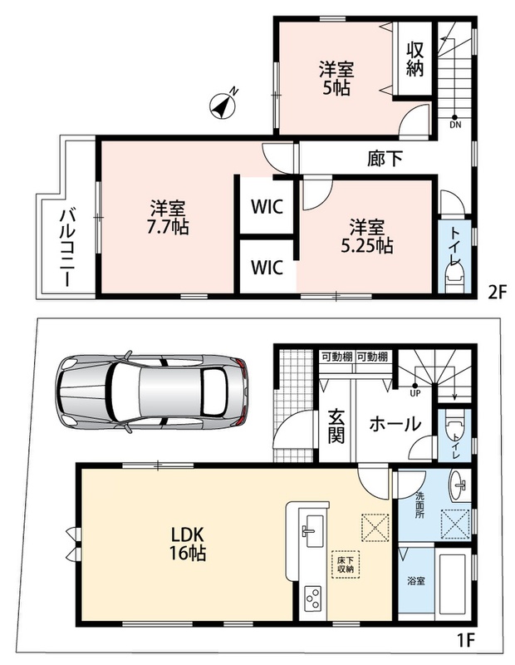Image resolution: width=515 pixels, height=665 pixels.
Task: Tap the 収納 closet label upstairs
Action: coord(414,59)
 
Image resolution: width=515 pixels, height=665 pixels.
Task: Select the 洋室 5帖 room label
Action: coord(336,78)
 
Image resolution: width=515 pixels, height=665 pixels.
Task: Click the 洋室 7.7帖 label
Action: coord(168,217)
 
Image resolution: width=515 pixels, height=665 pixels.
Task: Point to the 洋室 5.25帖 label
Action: coord(367,236)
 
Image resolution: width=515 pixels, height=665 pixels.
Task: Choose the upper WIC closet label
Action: coord(267,207)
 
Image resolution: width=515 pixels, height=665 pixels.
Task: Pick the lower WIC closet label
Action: coord(267,268)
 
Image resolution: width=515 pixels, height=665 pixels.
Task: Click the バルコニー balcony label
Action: coord(67,247)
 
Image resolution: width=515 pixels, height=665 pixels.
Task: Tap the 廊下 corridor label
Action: coord(385,159)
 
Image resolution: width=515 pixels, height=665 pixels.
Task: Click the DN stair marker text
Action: coord(455,125)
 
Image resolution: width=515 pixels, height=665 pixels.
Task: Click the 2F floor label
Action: coord(498,293)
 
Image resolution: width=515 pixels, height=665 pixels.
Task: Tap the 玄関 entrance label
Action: coord(336,426)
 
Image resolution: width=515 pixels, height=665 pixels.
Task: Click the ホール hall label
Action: coord(395,424)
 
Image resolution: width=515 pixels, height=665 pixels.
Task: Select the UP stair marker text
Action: coord(414,393)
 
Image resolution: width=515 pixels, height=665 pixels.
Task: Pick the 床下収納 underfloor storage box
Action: coord(346,564)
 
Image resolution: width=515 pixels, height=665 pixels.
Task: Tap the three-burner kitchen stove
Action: coord(313,598)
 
